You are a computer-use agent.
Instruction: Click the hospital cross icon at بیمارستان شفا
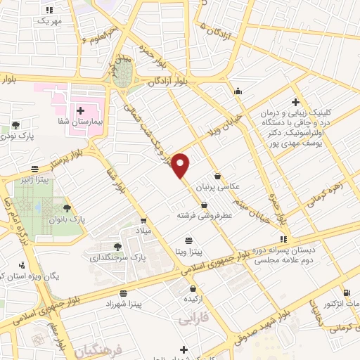[80, 110]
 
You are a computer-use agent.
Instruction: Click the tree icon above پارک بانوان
[67, 207]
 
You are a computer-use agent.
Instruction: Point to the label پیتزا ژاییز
[33, 179]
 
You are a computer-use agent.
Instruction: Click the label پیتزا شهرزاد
[124, 303]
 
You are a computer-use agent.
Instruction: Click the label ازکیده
[192, 298]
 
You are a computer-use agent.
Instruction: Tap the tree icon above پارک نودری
[15, 124]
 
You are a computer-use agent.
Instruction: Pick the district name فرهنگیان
[98, 349]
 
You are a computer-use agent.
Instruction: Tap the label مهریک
[49, 21]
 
